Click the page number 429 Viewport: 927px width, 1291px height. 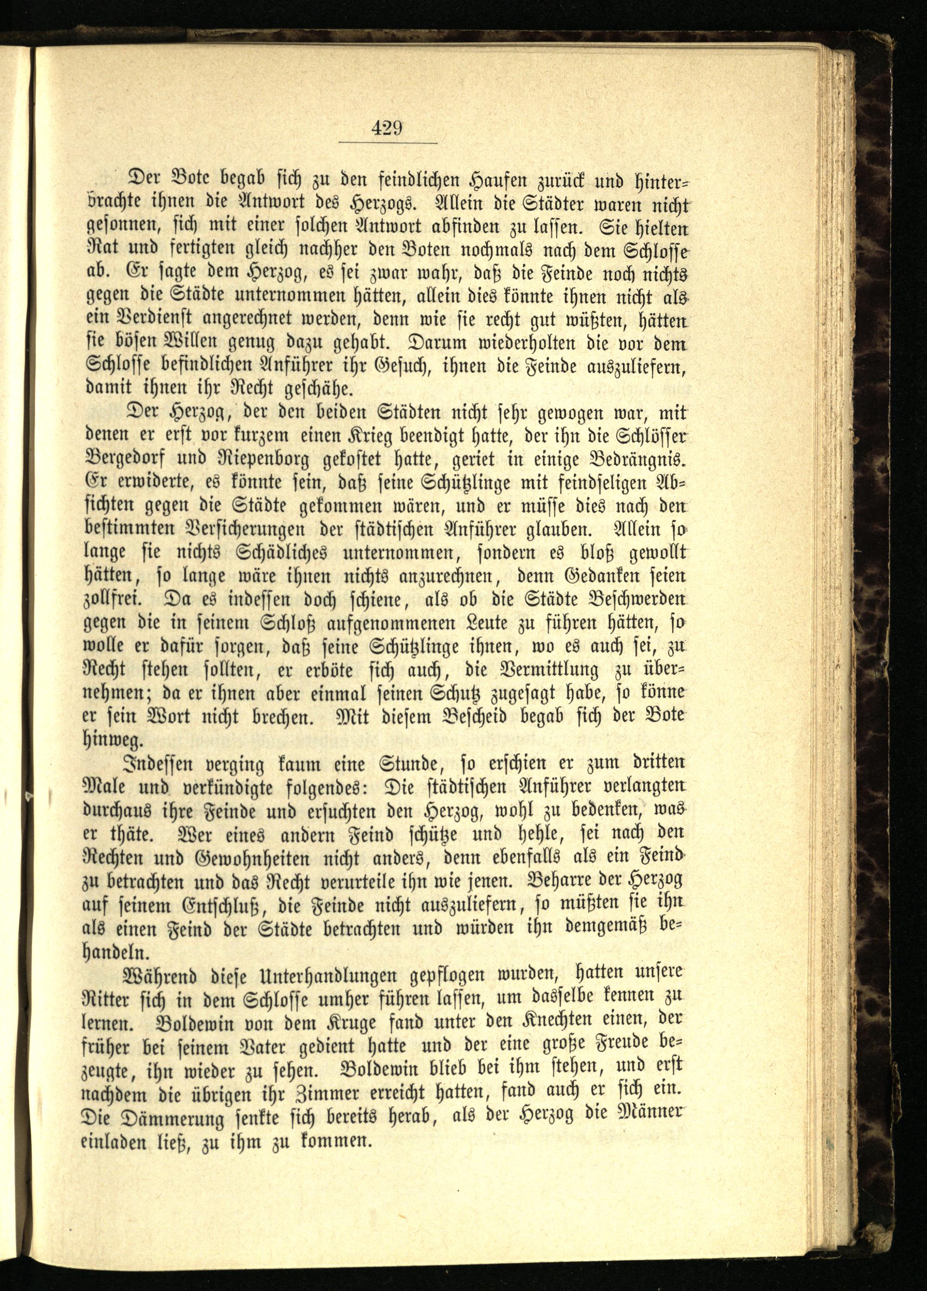(x=387, y=128)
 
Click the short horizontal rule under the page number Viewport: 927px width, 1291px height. (x=387, y=142)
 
